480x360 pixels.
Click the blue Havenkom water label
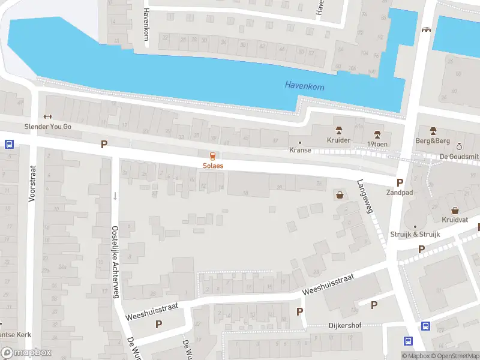point(304,87)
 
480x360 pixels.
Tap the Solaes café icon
point(212,155)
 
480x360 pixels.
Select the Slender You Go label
point(47,127)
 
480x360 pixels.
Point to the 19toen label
point(377,143)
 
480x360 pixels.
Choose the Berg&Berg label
point(433,140)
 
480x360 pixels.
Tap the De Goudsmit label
point(458,156)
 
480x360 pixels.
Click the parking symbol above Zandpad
point(400,182)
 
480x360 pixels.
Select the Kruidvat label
point(455,219)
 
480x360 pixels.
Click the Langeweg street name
point(365,197)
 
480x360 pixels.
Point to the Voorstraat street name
point(32,183)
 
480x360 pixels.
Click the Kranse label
point(300,150)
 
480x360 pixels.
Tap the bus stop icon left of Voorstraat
point(10,144)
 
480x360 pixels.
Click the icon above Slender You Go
point(47,117)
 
